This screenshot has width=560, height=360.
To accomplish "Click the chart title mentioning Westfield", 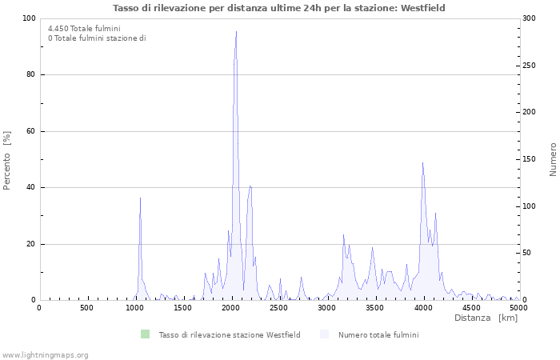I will coord(279,8).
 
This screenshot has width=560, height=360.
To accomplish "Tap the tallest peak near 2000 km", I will coord(236,32).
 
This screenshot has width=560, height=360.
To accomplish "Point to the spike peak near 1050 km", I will coord(140,198).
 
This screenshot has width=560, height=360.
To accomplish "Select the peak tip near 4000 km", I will coord(422,163).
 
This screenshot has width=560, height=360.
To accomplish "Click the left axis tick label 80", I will coord(30,75).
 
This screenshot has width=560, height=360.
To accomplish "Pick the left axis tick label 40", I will coord(30,188).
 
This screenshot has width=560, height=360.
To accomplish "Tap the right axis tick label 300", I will coord(529,18).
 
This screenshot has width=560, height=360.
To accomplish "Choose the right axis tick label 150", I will coord(529,159).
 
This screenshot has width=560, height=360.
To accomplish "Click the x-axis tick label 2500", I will coord(279,308).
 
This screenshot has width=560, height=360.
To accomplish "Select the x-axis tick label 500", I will coord(87,308).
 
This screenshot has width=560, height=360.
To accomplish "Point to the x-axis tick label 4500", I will coord(471,308).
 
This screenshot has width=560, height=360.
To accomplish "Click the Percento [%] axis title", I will coord(8,160).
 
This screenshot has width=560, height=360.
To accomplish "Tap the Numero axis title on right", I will coord(553,159).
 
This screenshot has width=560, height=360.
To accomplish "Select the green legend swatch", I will coord(145,334).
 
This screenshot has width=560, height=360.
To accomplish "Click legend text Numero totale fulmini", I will coord(378,334).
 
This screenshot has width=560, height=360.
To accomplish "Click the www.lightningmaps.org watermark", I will coord(45,354).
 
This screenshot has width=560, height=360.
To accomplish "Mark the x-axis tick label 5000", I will coord(518,308).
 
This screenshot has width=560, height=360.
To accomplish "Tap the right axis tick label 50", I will coord(526,254).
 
